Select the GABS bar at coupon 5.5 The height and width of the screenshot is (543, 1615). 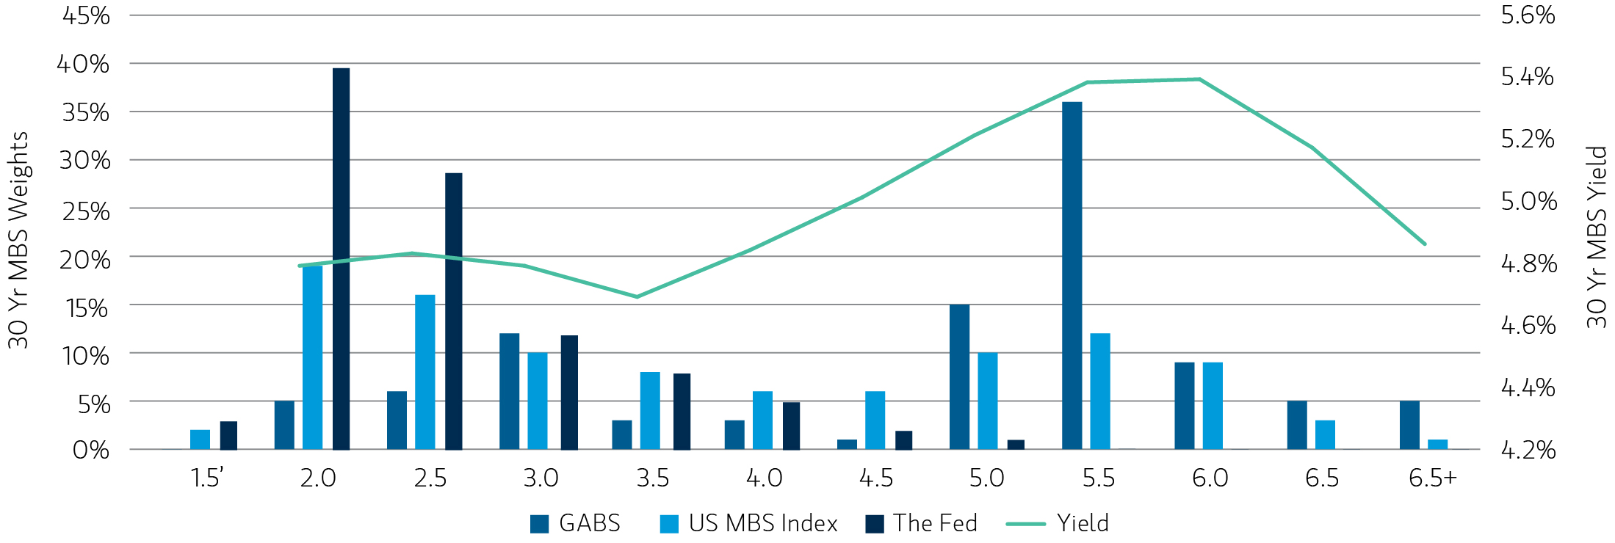(x=1072, y=275)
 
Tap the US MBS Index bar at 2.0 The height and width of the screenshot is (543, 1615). (x=312, y=357)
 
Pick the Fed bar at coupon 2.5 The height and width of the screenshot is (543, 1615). (x=453, y=311)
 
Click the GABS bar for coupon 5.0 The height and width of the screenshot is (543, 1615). (x=959, y=376)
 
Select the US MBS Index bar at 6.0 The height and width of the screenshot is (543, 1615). (x=1213, y=406)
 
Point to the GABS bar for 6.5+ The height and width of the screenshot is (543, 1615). (x=1409, y=425)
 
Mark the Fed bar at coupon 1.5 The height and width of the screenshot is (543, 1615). (x=228, y=435)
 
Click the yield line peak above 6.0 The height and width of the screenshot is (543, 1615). (x=1199, y=79)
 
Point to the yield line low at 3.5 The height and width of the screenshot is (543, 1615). (x=637, y=296)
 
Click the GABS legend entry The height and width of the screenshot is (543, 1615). (x=575, y=523)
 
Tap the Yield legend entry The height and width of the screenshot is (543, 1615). (x=1058, y=523)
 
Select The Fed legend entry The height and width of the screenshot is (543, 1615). (x=922, y=523)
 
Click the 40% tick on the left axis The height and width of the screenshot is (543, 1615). (x=83, y=64)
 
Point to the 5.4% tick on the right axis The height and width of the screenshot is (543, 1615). (x=1527, y=76)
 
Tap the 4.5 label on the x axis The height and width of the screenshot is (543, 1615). (x=875, y=478)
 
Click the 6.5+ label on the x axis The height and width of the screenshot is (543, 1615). (x=1432, y=478)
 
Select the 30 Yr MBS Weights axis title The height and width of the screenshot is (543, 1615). (x=18, y=240)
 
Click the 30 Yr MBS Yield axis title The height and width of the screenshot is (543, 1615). (x=1596, y=236)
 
